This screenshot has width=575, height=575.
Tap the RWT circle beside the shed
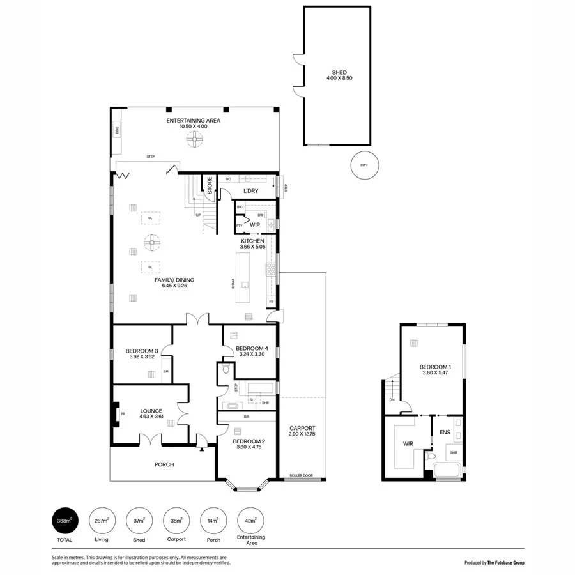pos(364,165)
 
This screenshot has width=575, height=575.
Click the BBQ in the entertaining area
pos(117,130)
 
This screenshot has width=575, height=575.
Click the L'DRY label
pos(250,191)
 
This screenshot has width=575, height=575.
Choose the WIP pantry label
pos(254,224)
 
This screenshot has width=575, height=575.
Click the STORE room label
pos(209,185)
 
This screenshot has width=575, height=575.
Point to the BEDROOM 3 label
pos(142,351)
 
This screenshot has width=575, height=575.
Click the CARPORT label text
pos(302,428)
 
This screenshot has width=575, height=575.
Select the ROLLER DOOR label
pos(301,476)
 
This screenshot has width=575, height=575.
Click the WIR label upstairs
pos(408,442)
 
